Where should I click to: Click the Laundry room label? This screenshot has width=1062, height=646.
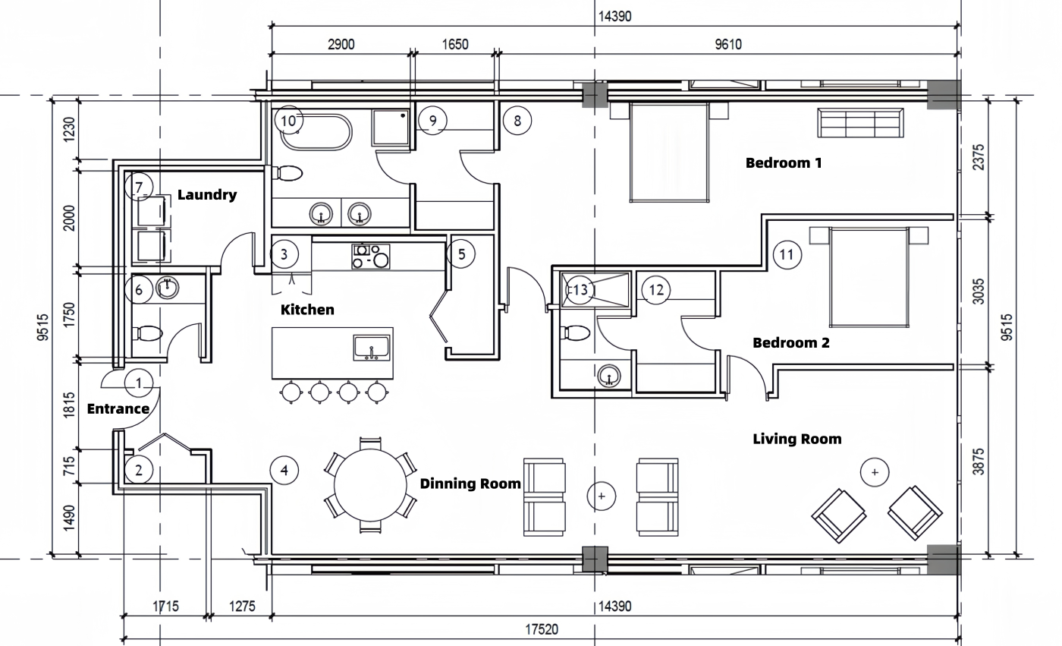(207, 194)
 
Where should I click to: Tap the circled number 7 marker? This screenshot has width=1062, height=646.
(139, 187)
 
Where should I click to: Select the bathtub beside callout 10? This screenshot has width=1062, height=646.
(316, 132)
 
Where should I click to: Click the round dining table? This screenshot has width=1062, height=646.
(370, 485)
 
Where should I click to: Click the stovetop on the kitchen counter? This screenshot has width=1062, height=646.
(371, 257)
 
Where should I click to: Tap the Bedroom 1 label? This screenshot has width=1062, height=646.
(784, 162)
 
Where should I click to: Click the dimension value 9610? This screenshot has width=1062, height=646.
(728, 44)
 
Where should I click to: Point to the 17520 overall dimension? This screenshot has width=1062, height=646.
(542, 629)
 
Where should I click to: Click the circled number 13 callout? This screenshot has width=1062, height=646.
(580, 290)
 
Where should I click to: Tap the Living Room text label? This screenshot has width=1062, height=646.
(797, 440)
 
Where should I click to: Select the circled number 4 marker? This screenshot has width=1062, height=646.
(284, 470)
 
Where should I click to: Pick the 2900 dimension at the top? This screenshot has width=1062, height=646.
(341, 44)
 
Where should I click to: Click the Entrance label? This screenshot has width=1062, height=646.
(118, 409)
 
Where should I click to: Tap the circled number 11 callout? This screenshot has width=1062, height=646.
(787, 255)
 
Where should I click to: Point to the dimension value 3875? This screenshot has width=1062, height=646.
(979, 462)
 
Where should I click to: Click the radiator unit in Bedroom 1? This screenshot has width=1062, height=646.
(860, 123)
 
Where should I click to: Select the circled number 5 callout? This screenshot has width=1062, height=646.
(461, 254)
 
